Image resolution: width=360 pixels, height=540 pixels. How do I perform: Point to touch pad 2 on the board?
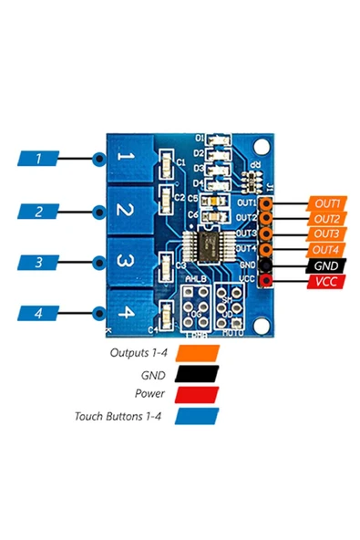[129, 213]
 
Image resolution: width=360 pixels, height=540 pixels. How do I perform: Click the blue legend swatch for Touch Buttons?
[198, 417]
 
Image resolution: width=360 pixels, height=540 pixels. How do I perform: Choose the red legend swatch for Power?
[198, 395]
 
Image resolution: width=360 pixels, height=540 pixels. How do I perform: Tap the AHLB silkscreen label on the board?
[196, 277]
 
